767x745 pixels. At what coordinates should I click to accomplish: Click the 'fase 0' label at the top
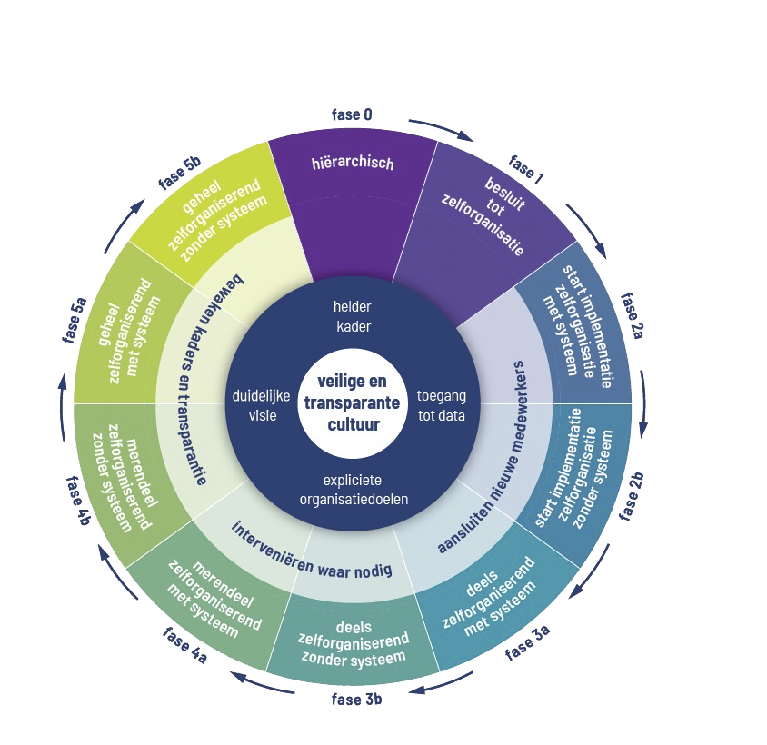click(x=352, y=114)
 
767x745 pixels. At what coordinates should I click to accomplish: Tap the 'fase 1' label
click(x=525, y=170)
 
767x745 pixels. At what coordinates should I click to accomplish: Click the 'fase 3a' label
click(x=528, y=641)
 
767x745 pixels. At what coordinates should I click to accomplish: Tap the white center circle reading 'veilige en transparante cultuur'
click(x=352, y=404)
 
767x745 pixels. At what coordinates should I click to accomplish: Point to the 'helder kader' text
click(x=352, y=316)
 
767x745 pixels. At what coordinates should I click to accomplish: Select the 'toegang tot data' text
click(x=441, y=405)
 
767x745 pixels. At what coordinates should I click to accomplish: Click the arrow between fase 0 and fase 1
click(x=440, y=130)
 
